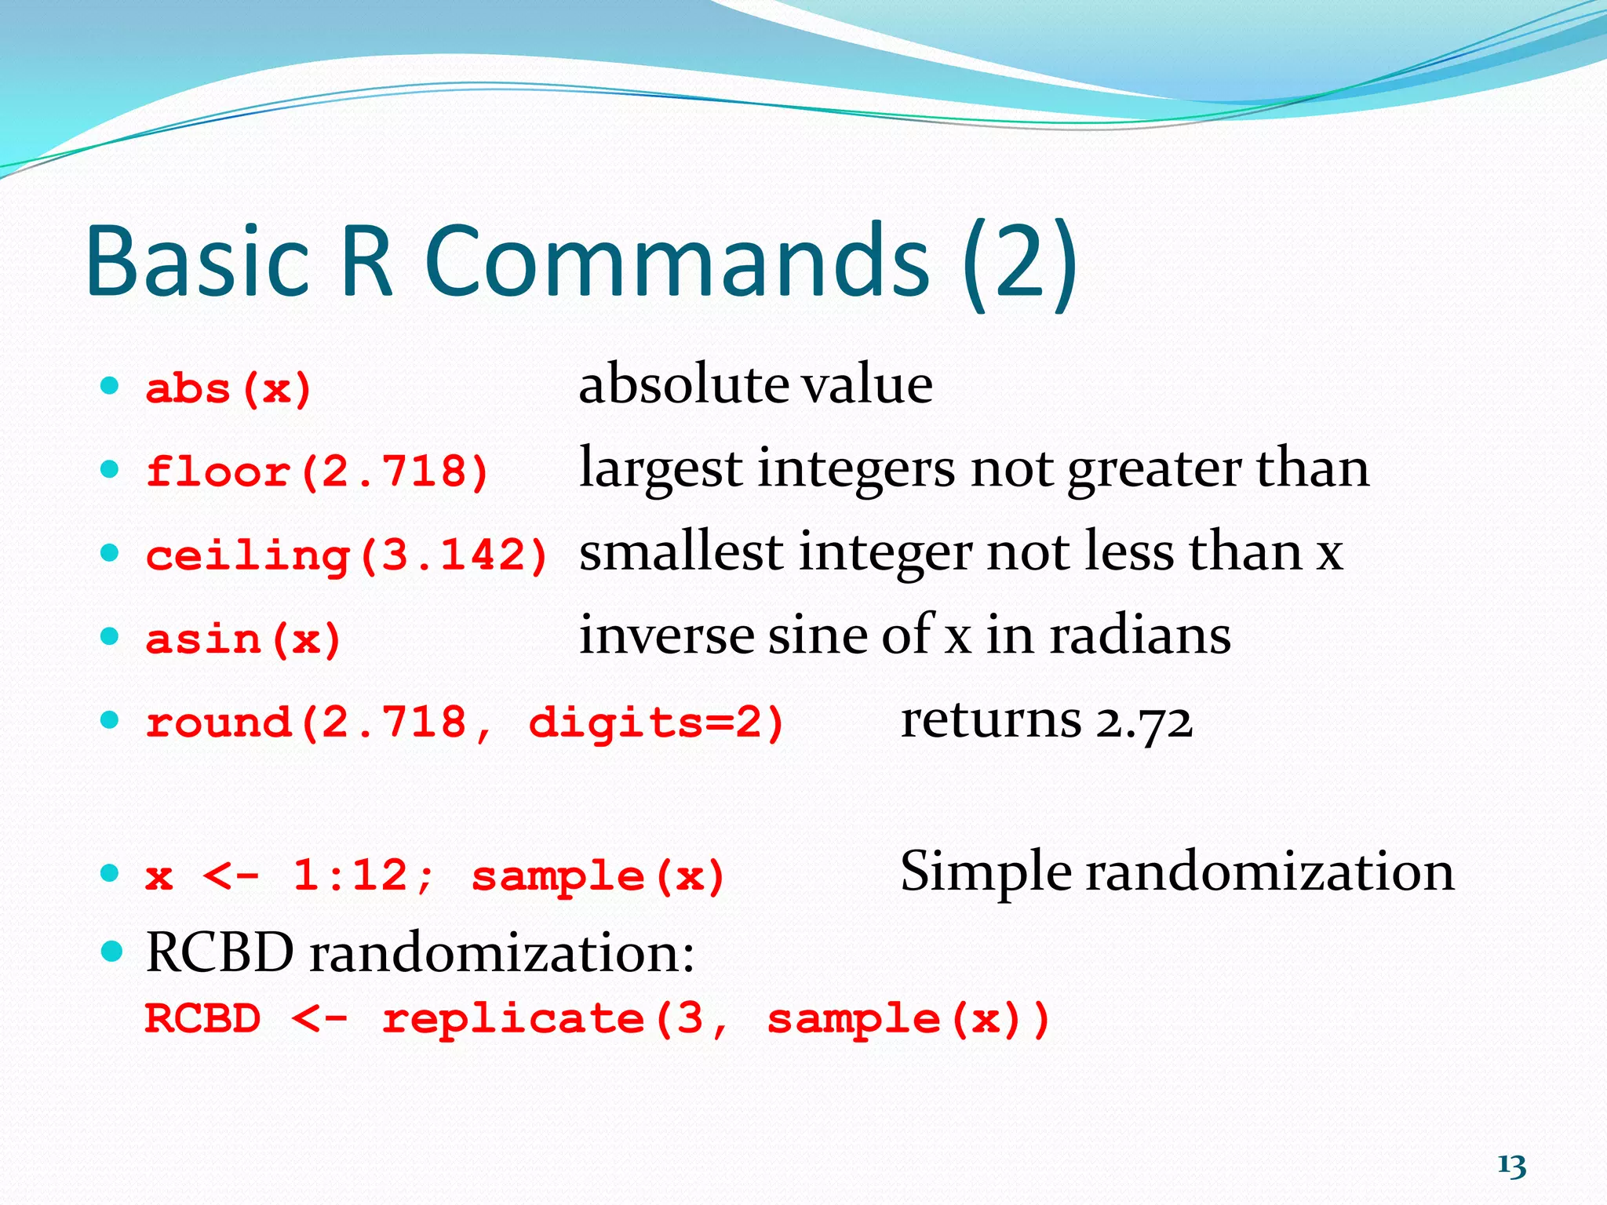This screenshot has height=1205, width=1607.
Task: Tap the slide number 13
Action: [x=1511, y=1166]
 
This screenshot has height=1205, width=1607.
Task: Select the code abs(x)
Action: [x=229, y=389]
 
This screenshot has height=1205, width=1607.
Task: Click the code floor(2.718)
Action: [x=318, y=472]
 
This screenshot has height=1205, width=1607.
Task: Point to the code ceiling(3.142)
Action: [x=347, y=555]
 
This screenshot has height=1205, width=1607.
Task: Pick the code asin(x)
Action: [x=244, y=639]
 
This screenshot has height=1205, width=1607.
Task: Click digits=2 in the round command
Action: [x=656, y=722]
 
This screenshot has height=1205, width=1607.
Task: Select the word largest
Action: [x=660, y=469]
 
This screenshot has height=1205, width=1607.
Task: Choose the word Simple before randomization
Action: [x=986, y=872]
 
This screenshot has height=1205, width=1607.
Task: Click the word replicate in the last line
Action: [x=514, y=1020]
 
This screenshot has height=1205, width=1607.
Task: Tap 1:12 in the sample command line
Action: [x=351, y=874]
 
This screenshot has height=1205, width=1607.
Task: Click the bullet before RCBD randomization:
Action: [x=112, y=952]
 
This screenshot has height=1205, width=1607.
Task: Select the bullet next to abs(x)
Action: [x=110, y=386]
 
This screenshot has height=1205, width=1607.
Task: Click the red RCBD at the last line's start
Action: [x=202, y=1019]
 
